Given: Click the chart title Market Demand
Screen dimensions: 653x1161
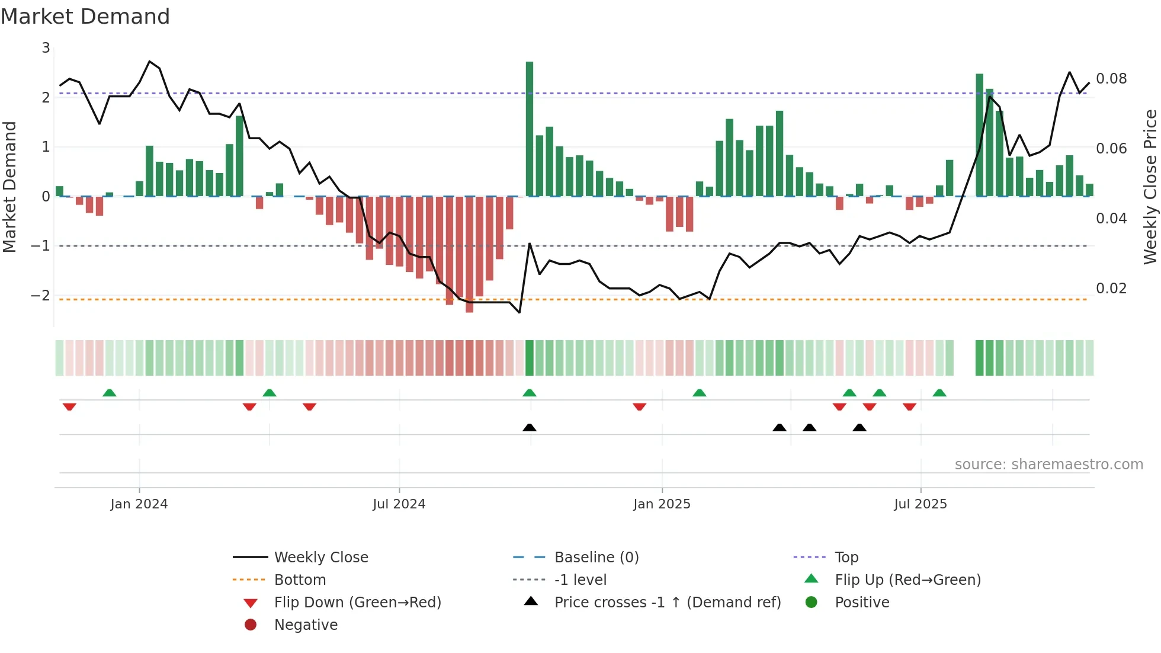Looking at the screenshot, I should (x=85, y=17).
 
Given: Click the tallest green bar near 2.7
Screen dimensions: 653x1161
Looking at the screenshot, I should (x=530, y=129).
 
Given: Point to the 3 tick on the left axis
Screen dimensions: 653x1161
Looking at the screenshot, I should (x=46, y=48).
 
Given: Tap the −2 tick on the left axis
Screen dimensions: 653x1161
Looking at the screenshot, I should (x=41, y=295).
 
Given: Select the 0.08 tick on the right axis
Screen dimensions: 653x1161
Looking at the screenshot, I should (x=1111, y=79).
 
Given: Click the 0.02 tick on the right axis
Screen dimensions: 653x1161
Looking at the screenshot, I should (x=1111, y=289).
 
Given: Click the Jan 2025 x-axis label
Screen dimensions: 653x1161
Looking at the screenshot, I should (x=662, y=504).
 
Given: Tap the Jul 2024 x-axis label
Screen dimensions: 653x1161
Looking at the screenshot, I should (x=399, y=504).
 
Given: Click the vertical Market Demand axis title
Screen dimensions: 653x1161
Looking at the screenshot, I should (x=9, y=187).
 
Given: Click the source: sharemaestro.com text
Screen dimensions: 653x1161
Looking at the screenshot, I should (x=1048, y=465).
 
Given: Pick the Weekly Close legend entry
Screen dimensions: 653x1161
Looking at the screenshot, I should (x=320, y=558).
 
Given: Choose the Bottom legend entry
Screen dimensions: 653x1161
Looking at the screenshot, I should (x=300, y=580).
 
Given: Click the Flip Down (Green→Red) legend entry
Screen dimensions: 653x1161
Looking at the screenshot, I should (x=357, y=603).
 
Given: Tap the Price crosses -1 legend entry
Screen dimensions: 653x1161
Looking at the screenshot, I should (x=667, y=603).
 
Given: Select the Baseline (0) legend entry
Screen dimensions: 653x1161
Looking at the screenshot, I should (x=596, y=558).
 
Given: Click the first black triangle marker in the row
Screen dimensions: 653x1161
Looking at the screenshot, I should (x=530, y=427).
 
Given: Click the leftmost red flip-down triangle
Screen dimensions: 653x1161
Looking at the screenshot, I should (x=69, y=406).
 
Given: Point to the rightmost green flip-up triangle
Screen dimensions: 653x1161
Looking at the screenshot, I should (x=939, y=393).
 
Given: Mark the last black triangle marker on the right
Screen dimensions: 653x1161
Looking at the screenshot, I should (x=859, y=427).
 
